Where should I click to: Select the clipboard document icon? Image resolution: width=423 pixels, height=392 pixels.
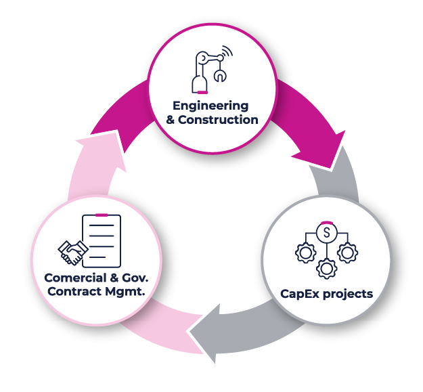(x=102, y=240)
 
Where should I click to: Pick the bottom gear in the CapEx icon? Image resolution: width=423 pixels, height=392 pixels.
(x=327, y=267)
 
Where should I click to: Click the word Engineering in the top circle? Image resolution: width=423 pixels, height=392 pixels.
(x=210, y=106)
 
